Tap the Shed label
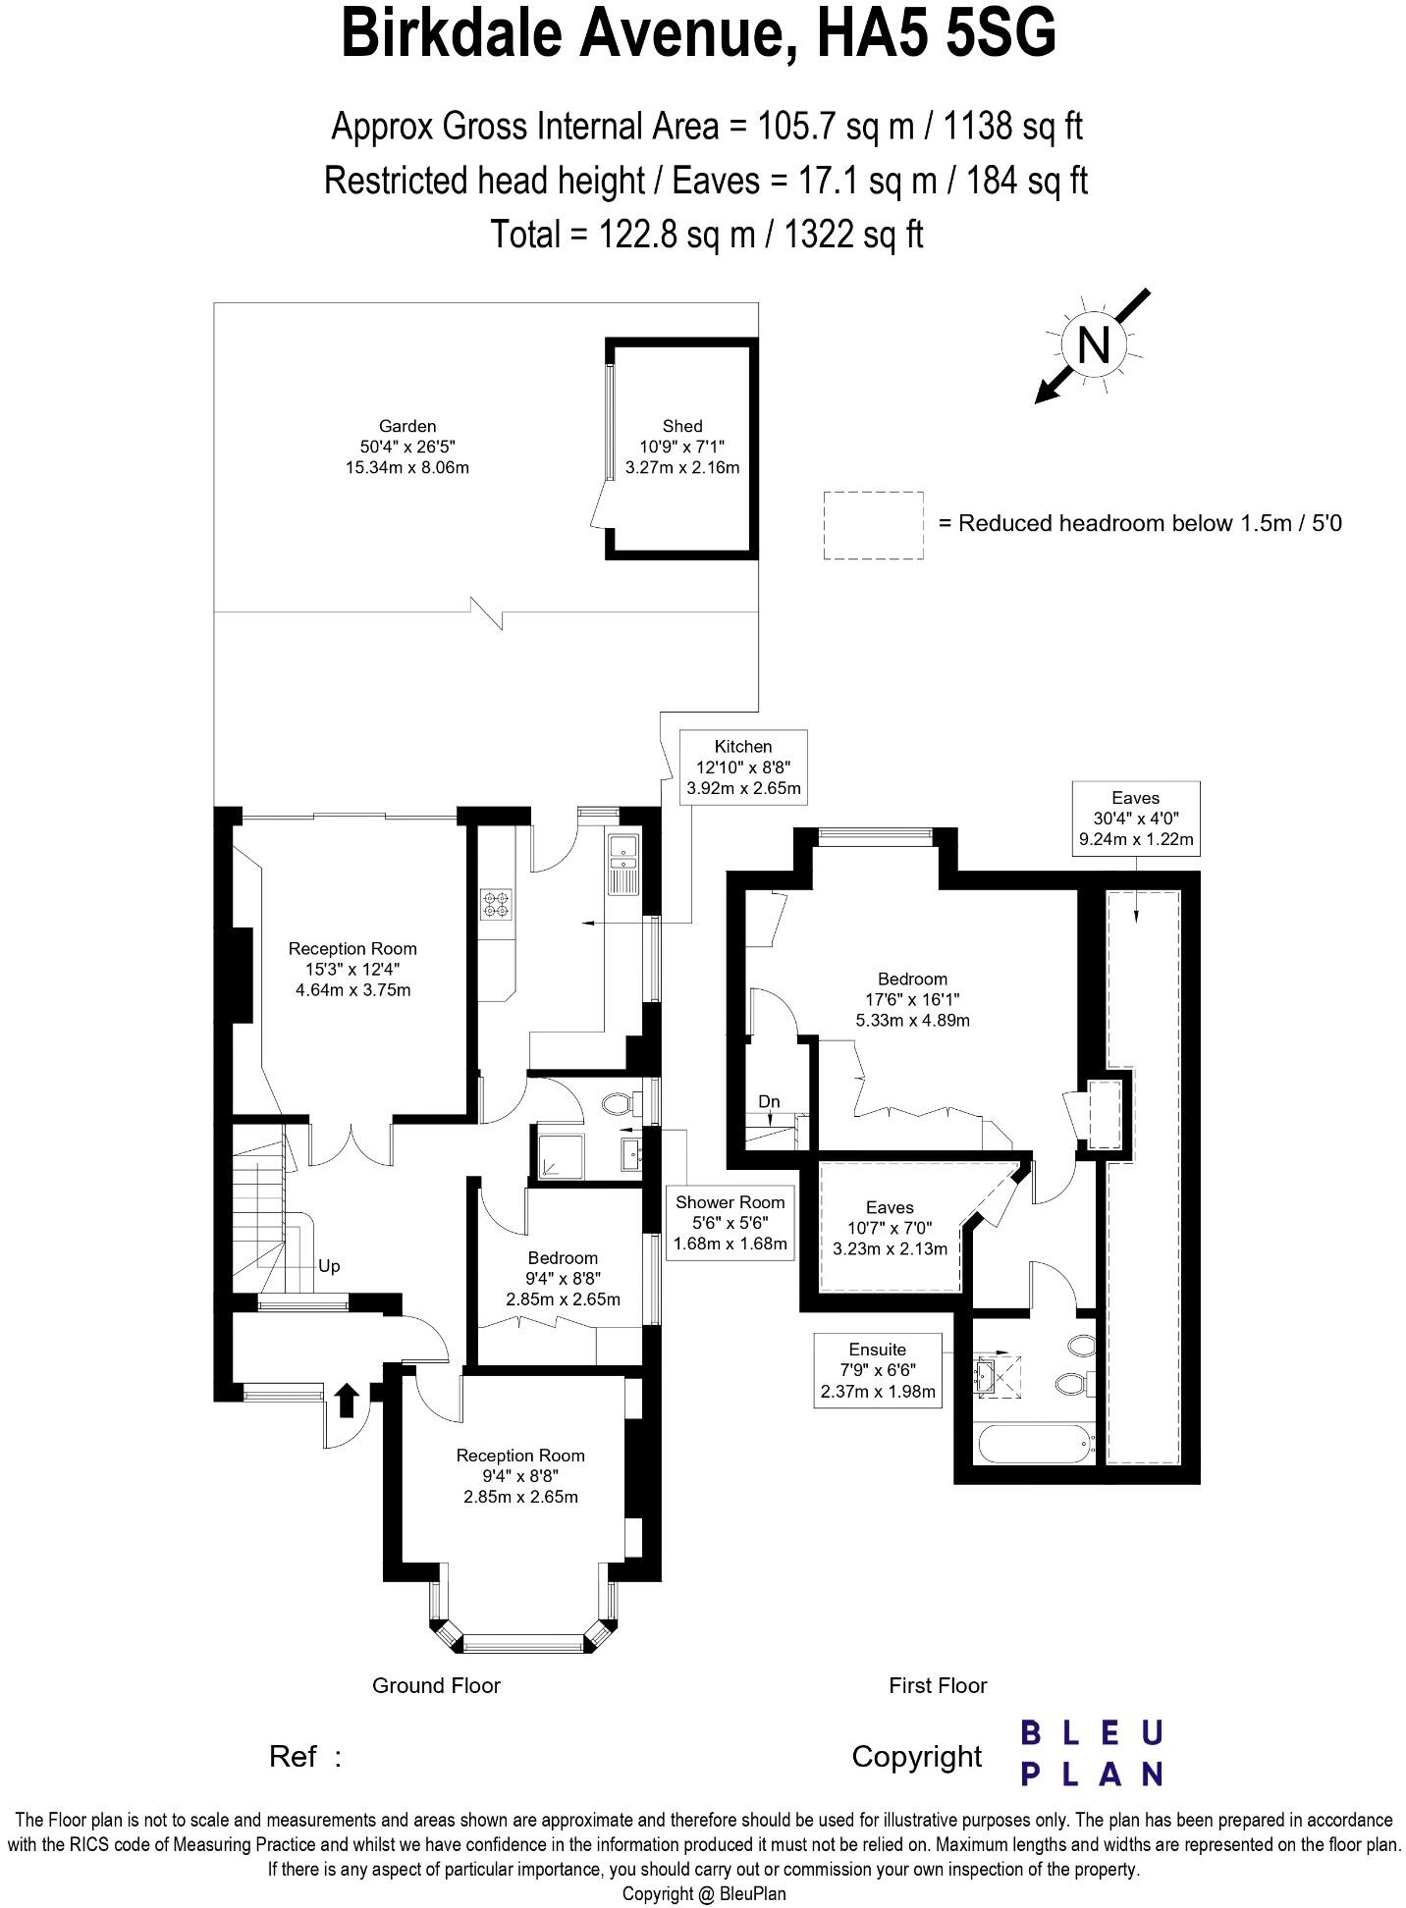point(681,426)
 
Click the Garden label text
point(406,426)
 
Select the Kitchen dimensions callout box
point(742,768)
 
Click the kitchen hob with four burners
point(496,903)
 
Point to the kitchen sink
point(622,862)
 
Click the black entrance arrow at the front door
point(346,1401)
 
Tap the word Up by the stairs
point(329,1266)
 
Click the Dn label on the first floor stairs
point(769,1101)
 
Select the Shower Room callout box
point(730,1223)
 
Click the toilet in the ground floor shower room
point(618,1104)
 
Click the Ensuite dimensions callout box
point(878,1370)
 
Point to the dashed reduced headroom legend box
point(873,525)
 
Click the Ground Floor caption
point(436,1685)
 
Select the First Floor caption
point(937,1685)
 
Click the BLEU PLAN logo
point(1091,1753)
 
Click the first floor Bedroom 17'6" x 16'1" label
point(912,999)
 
